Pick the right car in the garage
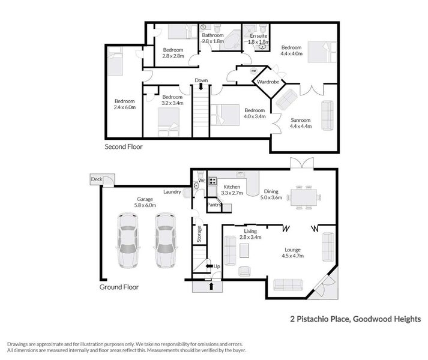[x=165, y=241]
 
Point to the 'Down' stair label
[x=201, y=81]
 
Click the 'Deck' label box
[x=96, y=179]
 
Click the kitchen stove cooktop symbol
[x=212, y=179]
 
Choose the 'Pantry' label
[x=214, y=205]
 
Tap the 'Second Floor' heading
[x=124, y=146]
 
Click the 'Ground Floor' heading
[x=119, y=287]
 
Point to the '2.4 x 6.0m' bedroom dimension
[x=125, y=107]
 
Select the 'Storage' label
[x=198, y=233]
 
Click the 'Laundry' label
[x=173, y=192]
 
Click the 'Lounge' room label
[x=293, y=250]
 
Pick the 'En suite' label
[x=258, y=36]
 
